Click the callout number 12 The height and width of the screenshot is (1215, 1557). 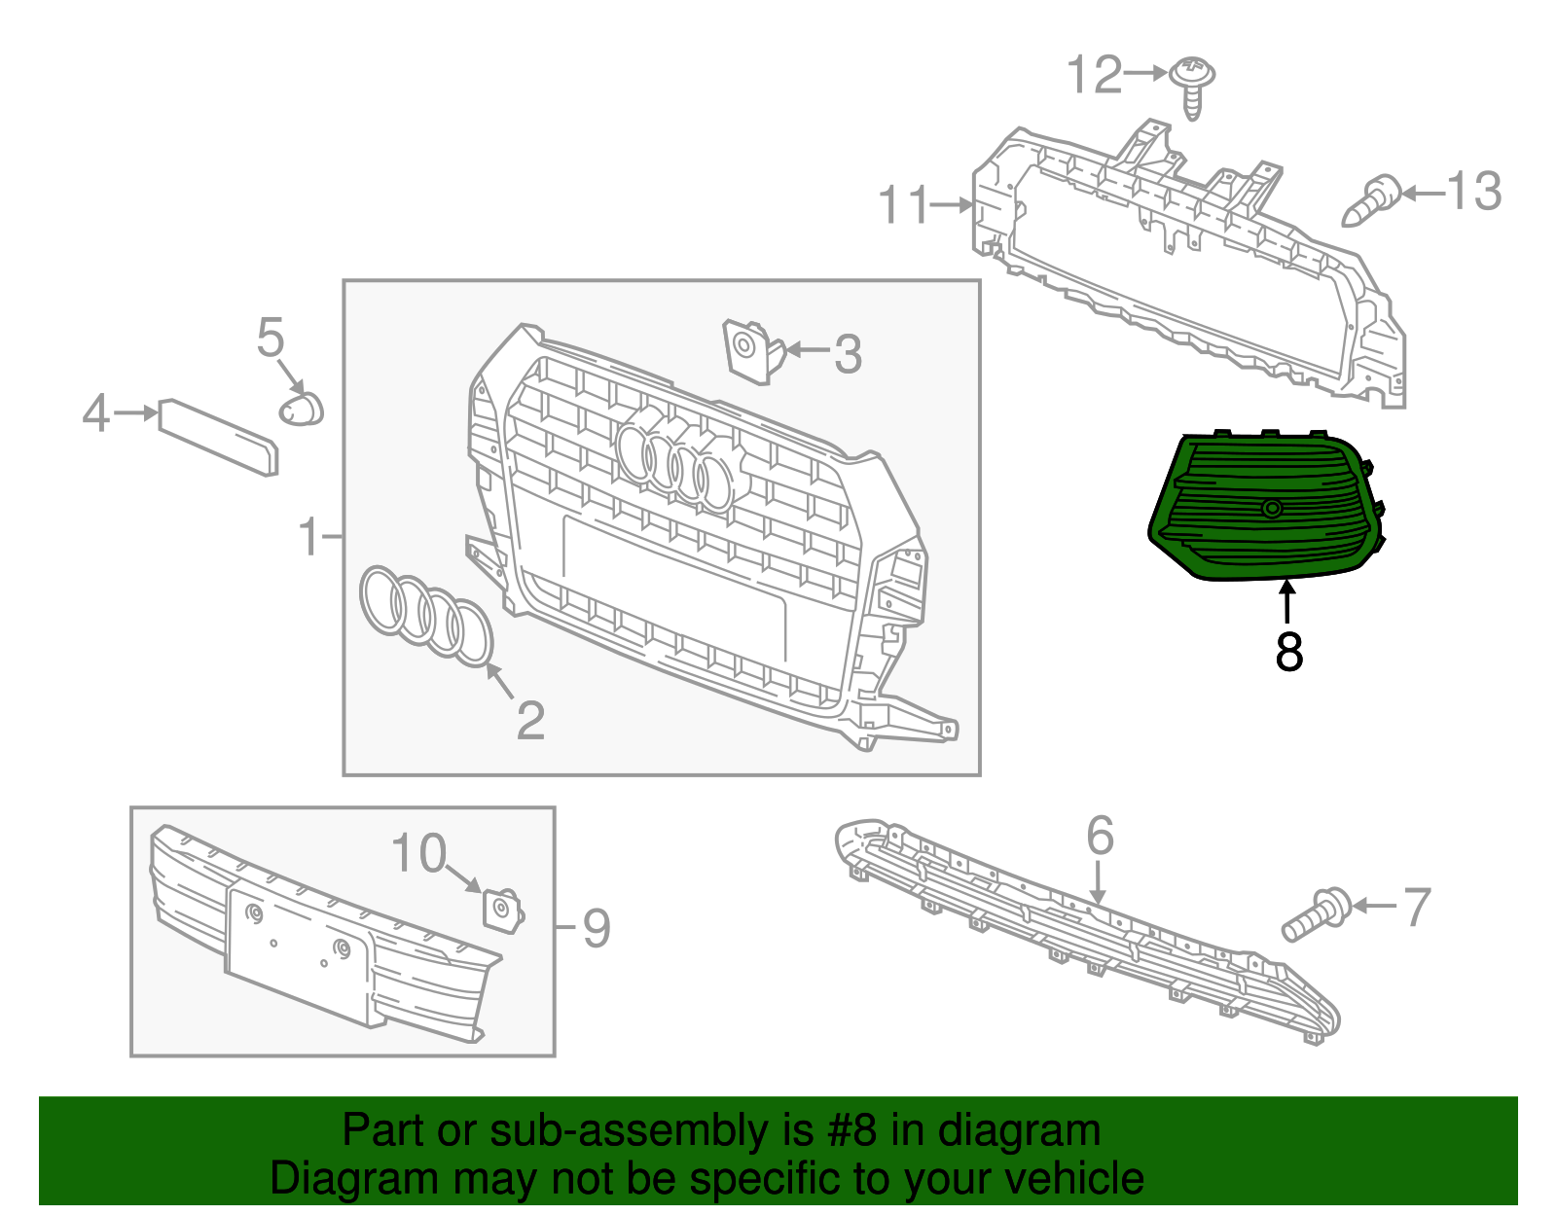tap(1094, 75)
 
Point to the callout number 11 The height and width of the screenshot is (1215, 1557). tap(904, 206)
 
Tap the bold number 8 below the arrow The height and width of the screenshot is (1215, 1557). tap(1288, 652)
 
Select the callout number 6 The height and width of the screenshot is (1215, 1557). tap(1100, 836)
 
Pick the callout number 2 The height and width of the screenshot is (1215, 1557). tap(530, 721)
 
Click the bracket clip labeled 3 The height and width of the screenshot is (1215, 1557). tap(751, 348)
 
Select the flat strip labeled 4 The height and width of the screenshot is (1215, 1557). tap(219, 436)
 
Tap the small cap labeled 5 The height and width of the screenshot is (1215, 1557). tap(302, 410)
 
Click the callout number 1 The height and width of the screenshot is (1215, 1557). tap(309, 537)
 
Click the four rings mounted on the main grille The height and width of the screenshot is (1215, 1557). tap(674, 463)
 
